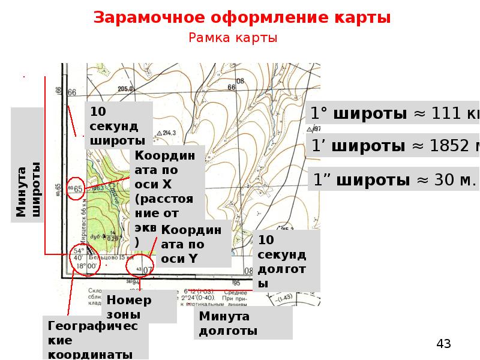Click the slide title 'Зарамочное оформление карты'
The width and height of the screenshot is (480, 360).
pyautogui.click(x=242, y=17)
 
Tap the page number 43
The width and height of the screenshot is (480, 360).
pyautogui.click(x=443, y=344)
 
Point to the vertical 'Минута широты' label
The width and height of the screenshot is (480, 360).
pyautogui.click(x=28, y=190)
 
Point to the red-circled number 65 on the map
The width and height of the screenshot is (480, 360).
pyautogui.click(x=77, y=187)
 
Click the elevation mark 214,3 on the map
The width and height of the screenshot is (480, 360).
pyautogui.click(x=168, y=133)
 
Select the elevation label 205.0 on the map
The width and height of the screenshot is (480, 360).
pyautogui.click(x=125, y=89)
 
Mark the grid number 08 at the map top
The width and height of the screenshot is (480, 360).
pyautogui.click(x=240, y=80)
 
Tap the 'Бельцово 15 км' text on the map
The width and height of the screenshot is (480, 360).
pyautogui.click(x=114, y=258)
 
